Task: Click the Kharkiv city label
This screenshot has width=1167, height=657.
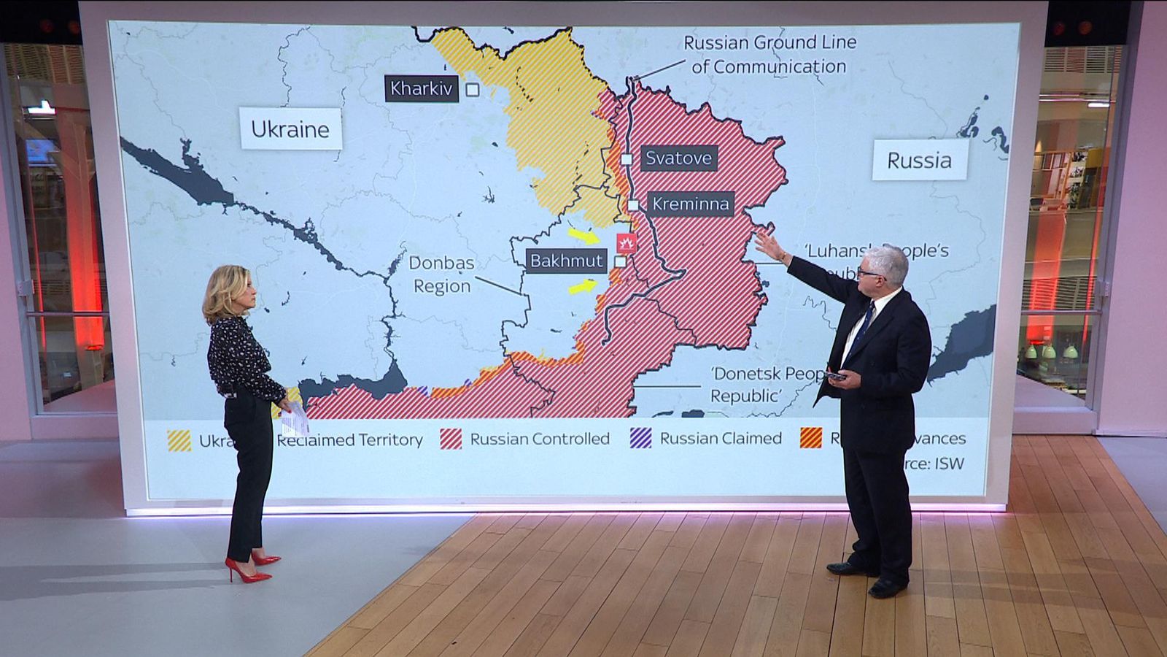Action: pyautogui.click(x=421, y=89)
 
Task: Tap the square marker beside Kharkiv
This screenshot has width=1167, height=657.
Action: pyautogui.click(x=473, y=90)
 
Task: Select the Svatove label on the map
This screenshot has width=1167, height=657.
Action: pyautogui.click(x=678, y=158)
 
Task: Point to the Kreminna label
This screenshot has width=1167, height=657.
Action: pyautogui.click(x=690, y=204)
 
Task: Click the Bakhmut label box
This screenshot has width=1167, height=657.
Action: pyautogui.click(x=566, y=261)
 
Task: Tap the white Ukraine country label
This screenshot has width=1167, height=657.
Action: pyautogui.click(x=290, y=129)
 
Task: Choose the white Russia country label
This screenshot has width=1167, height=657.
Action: pyautogui.click(x=919, y=161)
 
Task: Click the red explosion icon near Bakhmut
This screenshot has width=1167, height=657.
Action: pyautogui.click(x=626, y=243)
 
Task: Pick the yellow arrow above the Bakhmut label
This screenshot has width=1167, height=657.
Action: pyautogui.click(x=583, y=236)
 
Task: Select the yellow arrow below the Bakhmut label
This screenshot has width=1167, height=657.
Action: pyautogui.click(x=583, y=286)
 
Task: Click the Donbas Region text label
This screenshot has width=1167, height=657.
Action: pyautogui.click(x=441, y=274)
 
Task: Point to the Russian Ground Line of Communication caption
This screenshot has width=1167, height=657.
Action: pyautogui.click(x=769, y=55)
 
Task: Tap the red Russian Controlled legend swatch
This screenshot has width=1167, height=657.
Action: pyautogui.click(x=451, y=439)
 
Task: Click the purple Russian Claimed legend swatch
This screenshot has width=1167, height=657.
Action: pyautogui.click(x=640, y=438)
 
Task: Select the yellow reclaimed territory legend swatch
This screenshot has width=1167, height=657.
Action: pyautogui.click(x=179, y=441)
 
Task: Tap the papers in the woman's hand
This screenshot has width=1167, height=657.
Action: pyautogui.click(x=295, y=420)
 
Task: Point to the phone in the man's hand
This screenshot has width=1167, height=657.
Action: pyautogui.click(x=836, y=377)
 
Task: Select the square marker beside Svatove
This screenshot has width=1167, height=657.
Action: pyautogui.click(x=627, y=159)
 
